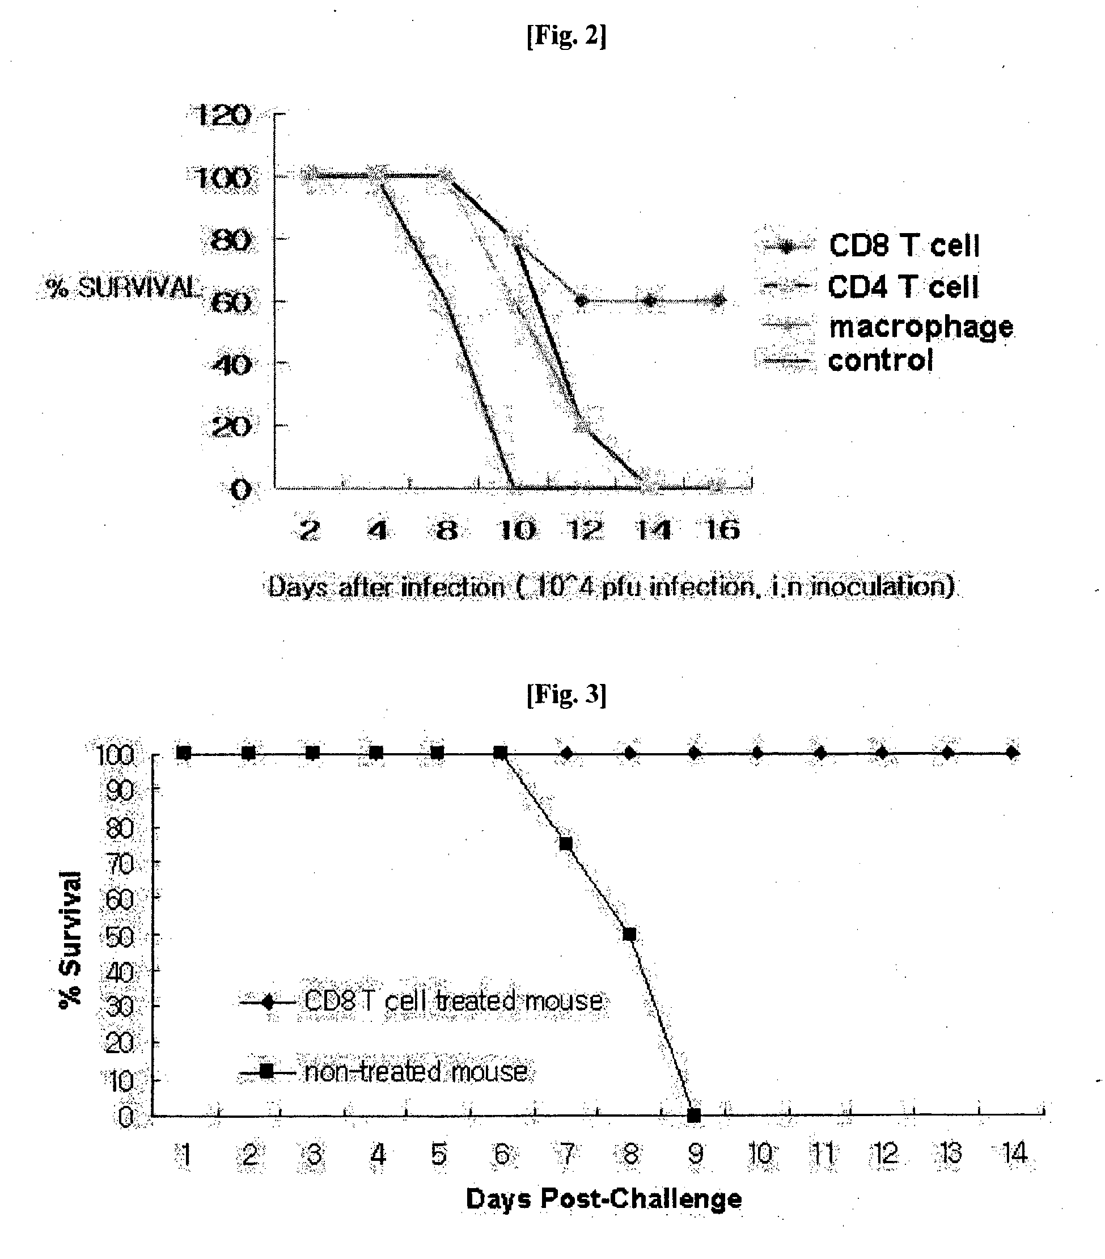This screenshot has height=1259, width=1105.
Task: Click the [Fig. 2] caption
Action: point(566,36)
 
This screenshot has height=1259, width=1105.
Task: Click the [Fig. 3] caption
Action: point(566,694)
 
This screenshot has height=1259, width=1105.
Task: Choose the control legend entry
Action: point(847,360)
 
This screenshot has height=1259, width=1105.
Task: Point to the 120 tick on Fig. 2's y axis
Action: point(222,115)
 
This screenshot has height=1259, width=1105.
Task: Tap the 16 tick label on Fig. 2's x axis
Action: point(722,529)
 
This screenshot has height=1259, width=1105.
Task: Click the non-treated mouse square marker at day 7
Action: point(565,844)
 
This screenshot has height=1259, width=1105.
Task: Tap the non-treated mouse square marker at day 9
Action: point(693,1116)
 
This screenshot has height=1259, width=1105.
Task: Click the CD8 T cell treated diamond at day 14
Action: point(1012,753)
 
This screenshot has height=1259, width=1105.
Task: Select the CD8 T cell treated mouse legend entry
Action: point(421,1001)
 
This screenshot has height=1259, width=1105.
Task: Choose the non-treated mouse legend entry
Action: point(383,1072)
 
